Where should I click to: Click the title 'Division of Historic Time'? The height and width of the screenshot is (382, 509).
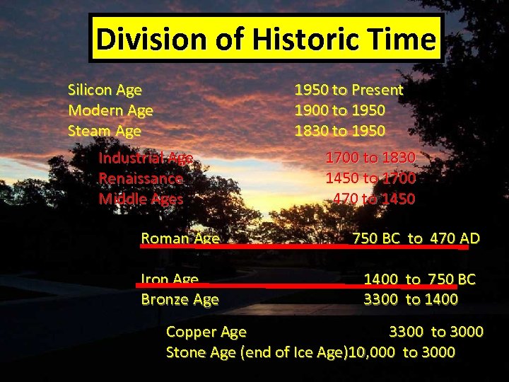tap(265, 40)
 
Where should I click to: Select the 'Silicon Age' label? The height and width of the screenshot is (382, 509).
tap(105, 90)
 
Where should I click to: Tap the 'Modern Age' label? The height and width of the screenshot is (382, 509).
tap(110, 110)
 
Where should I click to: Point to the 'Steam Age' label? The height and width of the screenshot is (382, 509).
tap(105, 131)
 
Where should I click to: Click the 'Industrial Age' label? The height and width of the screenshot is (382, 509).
tap(146, 158)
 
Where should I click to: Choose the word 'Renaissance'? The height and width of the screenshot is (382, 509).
tap(141, 178)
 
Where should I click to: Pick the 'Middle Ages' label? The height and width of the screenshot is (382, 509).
tap(141, 199)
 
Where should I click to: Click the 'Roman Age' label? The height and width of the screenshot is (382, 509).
tap(180, 238)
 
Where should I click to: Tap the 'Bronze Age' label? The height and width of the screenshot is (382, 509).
tap(180, 299)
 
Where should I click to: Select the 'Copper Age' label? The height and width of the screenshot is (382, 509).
tap(206, 332)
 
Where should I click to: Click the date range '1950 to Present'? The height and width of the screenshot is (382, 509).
tap(349, 90)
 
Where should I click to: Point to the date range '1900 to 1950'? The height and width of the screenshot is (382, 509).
tap(339, 110)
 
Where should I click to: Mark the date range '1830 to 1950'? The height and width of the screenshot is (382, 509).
tap(339, 131)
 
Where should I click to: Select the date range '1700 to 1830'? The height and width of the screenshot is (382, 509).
tap(370, 158)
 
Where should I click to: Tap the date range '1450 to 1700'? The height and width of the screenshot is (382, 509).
tap(370, 178)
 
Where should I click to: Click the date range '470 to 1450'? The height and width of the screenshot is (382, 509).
tap(374, 199)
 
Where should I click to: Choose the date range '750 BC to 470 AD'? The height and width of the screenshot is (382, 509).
tap(416, 238)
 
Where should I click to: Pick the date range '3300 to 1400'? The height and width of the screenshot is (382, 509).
tap(410, 299)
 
